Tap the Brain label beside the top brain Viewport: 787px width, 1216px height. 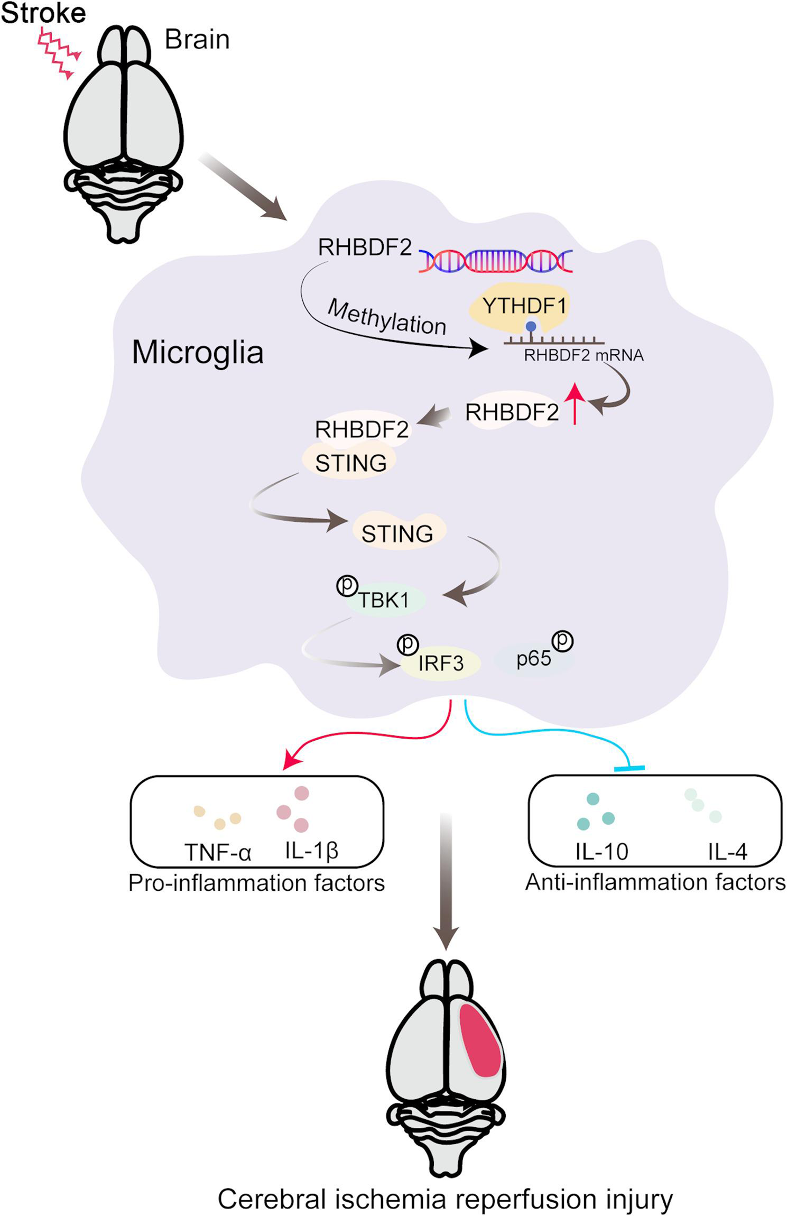[x=197, y=40]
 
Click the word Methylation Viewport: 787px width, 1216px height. [x=387, y=317]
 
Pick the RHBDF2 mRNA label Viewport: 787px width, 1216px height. [x=584, y=355]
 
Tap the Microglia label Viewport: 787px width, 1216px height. [x=198, y=352]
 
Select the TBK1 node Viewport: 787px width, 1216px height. [x=384, y=600]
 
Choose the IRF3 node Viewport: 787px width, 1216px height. [x=440, y=662]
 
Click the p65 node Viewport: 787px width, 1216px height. [x=534, y=659]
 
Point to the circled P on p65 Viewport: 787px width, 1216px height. [x=563, y=641]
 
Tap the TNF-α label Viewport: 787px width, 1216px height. [x=218, y=852]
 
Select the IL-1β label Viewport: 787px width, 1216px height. [x=311, y=851]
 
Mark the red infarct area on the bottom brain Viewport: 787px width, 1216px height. [x=479, y=1039]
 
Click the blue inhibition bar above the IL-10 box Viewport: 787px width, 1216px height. [x=629, y=768]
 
